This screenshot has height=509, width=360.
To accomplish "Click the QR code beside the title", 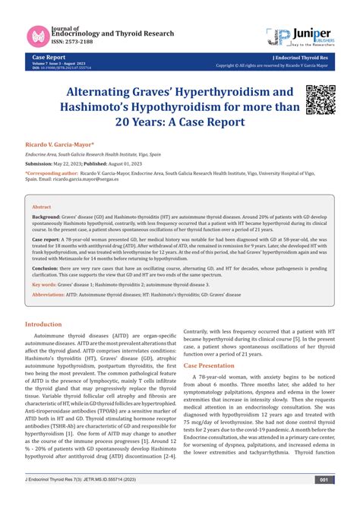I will coord(319,100).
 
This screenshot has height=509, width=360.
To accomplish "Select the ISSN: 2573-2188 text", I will coord(72,44).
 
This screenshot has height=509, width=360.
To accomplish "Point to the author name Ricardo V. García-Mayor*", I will coord(61,143).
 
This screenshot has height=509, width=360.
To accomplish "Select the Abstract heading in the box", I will coord(42,206).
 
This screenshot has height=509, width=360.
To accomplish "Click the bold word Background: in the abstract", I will coord(47,217).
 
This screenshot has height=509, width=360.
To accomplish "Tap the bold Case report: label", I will coord(46,238).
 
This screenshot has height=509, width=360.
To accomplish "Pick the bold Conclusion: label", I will coord(46,268).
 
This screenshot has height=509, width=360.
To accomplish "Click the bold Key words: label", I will coord(45,284).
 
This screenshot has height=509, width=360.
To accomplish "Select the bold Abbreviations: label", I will coord(49,295).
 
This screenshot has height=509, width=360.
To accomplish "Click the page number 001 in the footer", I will coord(324,501).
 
